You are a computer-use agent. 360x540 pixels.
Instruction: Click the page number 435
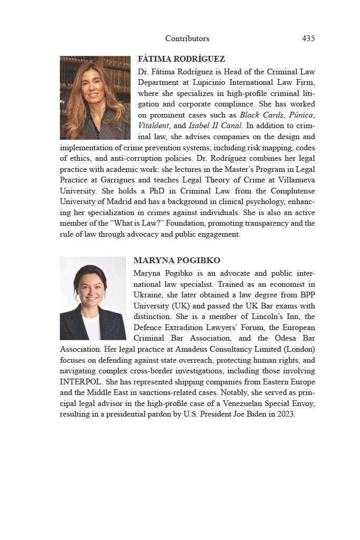[308, 38]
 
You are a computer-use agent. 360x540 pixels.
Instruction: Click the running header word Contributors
[187, 38]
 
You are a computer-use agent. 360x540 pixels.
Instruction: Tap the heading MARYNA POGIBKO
[177, 261]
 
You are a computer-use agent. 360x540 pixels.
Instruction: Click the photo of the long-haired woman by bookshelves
[95, 98]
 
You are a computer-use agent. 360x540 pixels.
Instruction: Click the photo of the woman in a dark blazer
[93, 298]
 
